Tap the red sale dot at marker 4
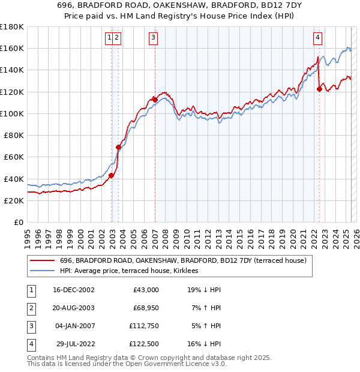pos(319,89)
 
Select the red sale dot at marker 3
pos(155,100)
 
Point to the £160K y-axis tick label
pos(12,48)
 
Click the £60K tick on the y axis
pos(14,157)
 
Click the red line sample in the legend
pos(43,260)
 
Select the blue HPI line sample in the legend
pos(43,271)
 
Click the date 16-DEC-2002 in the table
pos(74,290)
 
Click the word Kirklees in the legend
pos(191,271)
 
